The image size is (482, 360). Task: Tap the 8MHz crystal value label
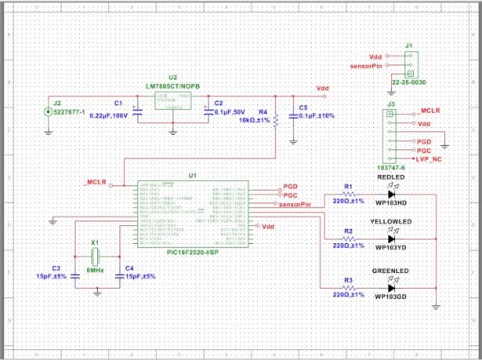[x=96, y=270]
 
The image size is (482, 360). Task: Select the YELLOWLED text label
[x=391, y=222]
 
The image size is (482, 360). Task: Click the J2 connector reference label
[x=55, y=102]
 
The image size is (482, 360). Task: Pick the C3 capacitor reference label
[x=56, y=268]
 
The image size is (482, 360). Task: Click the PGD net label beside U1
[x=290, y=187]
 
